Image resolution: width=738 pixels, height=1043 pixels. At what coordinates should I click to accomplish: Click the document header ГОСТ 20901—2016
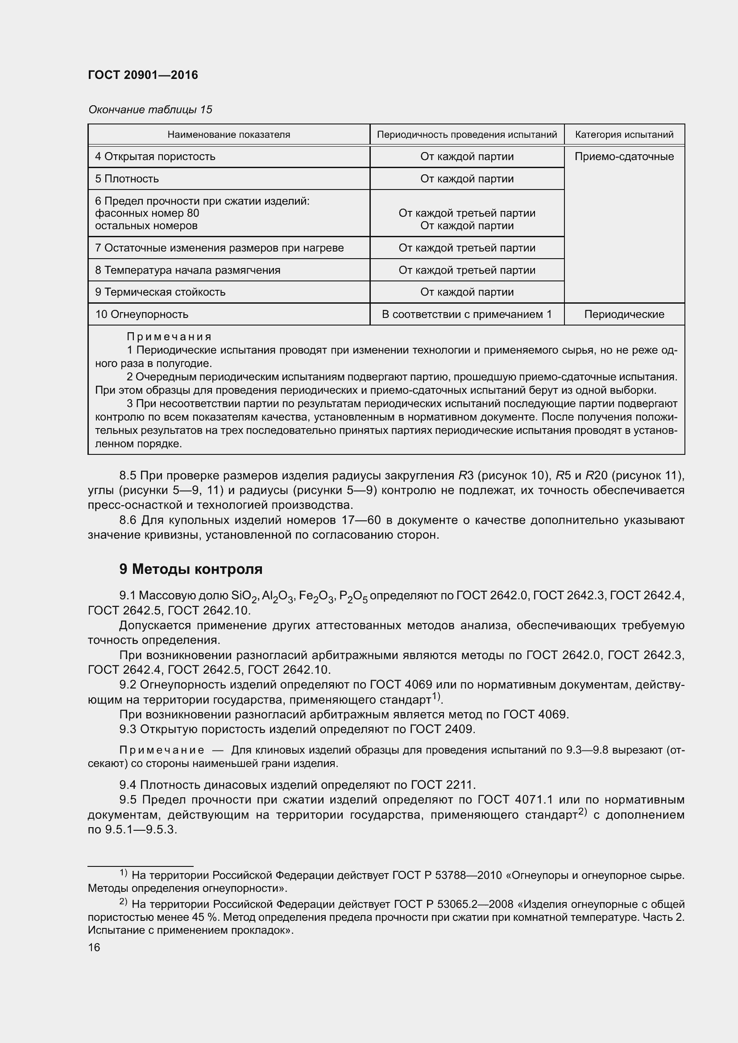point(143,75)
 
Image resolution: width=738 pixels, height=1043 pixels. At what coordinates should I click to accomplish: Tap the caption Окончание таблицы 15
point(150,110)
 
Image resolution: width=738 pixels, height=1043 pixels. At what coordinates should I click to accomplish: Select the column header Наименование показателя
point(228,135)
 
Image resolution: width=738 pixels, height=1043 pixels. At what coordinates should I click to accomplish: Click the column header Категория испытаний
point(624,135)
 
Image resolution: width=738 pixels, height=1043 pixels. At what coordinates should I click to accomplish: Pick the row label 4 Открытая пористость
point(155,157)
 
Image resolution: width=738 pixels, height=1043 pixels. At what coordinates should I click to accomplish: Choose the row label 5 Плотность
point(127,179)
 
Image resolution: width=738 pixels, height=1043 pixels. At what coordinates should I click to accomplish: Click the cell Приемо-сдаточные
point(624,157)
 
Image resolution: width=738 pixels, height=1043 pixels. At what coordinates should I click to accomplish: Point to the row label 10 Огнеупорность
point(141,314)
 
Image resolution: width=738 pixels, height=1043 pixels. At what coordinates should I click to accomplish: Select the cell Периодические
point(624,314)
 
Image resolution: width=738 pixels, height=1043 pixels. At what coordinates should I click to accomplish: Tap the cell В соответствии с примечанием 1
point(467,314)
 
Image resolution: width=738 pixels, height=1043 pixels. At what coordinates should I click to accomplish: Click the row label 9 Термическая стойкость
point(160,292)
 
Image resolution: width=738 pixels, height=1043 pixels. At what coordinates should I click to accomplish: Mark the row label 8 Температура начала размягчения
point(187,270)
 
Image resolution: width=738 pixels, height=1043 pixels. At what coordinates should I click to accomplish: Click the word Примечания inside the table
point(169,337)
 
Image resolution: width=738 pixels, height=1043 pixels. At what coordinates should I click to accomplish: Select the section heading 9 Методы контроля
point(191,569)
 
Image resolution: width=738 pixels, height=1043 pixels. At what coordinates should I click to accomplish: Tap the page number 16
point(94,948)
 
